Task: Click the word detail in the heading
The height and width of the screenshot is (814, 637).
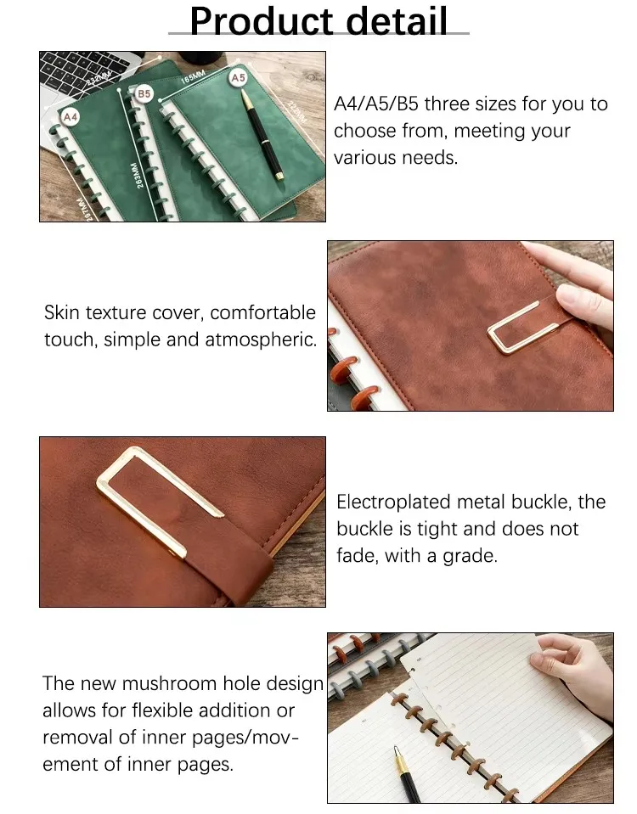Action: point(396,21)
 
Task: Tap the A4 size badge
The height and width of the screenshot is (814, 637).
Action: point(70,117)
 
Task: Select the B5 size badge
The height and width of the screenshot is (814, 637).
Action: point(144,93)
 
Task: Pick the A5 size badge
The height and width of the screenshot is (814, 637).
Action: point(238,78)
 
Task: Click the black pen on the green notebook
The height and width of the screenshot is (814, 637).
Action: point(262,135)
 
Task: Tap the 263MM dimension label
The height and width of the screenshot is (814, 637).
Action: point(135,176)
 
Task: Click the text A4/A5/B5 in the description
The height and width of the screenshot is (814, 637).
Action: point(375,104)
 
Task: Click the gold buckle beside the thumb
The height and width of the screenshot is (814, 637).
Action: point(521,329)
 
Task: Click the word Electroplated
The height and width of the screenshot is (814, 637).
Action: point(393,502)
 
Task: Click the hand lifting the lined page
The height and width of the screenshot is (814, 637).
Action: point(577,670)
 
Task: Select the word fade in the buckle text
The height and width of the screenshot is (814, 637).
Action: point(357,556)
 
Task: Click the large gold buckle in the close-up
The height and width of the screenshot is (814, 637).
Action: point(157,500)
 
